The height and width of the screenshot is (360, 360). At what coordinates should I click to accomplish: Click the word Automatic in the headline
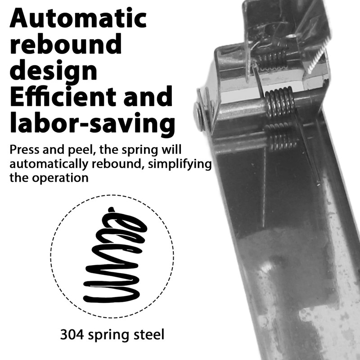pyautogui.click(x=78, y=18)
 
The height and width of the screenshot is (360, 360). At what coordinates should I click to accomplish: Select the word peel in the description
pyautogui.click(x=82, y=150)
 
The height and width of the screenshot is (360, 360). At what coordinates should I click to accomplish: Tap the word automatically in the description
pyautogui.click(x=49, y=164)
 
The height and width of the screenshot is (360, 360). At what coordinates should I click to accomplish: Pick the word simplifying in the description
pyautogui.click(x=180, y=164)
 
